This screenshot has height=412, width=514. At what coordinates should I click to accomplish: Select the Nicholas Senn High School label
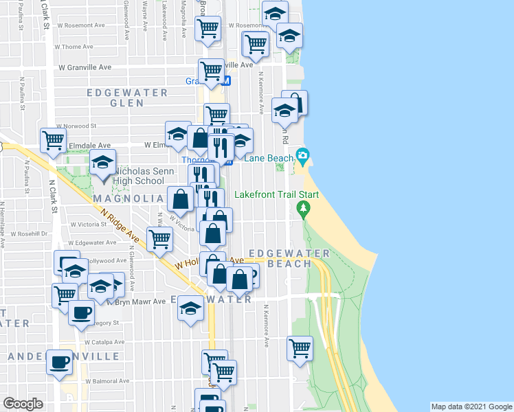click(139, 176)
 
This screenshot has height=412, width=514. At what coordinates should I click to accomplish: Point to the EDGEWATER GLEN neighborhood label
click(117, 97)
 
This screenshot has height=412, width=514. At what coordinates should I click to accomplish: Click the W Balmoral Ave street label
click(111, 380)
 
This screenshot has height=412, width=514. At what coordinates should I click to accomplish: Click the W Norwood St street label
click(78, 126)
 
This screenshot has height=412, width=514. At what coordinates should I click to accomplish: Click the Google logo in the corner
click(23, 404)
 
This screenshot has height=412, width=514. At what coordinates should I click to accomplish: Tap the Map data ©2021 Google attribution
click(471, 407)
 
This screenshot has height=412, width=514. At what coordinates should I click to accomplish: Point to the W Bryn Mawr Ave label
click(139, 301)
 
